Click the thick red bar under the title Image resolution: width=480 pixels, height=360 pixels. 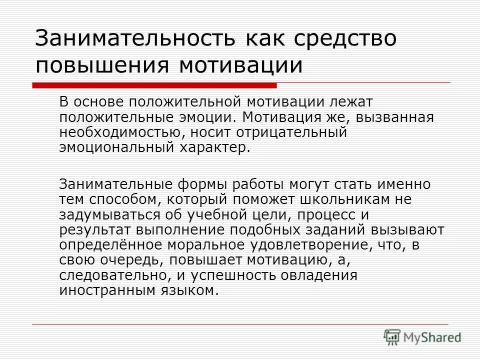(155, 85)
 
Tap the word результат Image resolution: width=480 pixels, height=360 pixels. (92, 230)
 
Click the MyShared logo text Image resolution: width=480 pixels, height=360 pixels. (433, 338)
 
